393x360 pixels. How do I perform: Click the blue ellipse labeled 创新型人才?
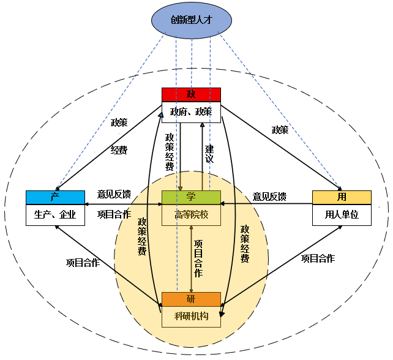click(191, 21)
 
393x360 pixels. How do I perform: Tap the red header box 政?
click(191, 94)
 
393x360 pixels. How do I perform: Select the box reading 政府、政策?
click(191, 111)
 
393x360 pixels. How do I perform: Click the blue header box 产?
click(55, 197)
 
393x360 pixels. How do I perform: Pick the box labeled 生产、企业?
click(55, 214)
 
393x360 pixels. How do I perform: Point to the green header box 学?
click(191, 197)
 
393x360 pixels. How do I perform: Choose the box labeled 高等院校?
click(191, 214)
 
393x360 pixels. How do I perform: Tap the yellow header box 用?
click(342, 197)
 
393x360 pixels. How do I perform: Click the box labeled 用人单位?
click(342, 214)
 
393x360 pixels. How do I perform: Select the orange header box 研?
click(191, 299)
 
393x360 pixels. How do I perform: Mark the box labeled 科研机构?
click(191, 317)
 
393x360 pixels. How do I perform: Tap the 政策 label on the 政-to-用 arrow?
click(280, 130)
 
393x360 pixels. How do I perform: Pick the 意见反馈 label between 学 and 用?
click(269, 197)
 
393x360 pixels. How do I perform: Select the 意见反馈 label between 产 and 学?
click(114, 194)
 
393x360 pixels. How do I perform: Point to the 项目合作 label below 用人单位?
click(318, 258)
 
